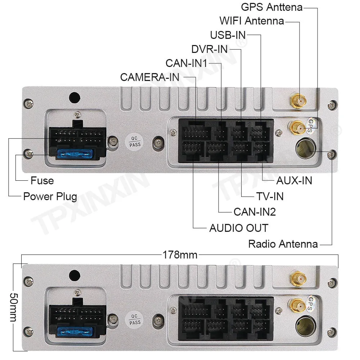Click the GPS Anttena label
coord(271,7)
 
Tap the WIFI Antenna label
coord(252,21)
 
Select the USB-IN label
coord(228,35)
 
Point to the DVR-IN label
coord(210,49)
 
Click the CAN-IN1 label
coord(186,63)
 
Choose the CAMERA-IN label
coord(150,77)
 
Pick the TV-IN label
coord(270,196)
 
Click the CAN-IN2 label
coord(255,212)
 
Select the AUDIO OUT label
coord(239,228)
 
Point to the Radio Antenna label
coord(283,244)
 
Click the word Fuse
coord(42,180)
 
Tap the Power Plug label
coord(50,197)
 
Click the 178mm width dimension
coord(180,255)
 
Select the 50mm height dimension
coord(13,307)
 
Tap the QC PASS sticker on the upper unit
coord(135,141)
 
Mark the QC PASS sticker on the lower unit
coord(135,318)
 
